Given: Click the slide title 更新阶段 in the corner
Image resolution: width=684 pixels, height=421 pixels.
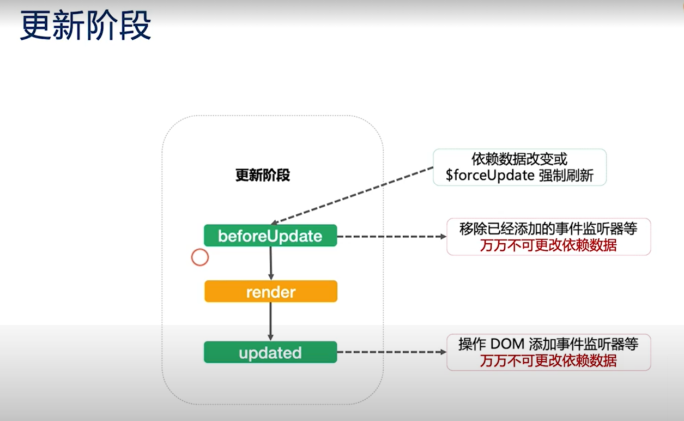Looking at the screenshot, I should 85,26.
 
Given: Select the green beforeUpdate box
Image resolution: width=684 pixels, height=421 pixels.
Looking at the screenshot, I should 270,236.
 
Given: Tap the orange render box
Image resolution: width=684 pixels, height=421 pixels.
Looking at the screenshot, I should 270,292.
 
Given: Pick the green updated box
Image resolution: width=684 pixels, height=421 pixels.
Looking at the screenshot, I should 270,353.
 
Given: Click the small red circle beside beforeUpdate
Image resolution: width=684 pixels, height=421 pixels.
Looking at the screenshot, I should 200,257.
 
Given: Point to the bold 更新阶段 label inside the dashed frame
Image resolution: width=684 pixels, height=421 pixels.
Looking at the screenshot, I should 263,175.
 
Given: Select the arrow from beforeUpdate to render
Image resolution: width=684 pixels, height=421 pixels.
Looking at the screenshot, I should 271,263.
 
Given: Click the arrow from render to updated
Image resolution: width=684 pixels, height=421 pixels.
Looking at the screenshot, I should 271,322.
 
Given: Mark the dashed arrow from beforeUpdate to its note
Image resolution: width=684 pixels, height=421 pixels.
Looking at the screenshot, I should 391,237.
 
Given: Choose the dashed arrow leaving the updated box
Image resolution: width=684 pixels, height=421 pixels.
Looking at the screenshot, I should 391,352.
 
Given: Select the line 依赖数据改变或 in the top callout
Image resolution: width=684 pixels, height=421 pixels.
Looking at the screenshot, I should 519,159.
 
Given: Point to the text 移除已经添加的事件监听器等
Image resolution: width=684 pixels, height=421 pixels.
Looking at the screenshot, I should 548,229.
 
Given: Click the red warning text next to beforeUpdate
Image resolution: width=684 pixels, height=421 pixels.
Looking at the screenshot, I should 548,245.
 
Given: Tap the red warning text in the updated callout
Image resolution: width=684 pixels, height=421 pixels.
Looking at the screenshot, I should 548,360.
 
